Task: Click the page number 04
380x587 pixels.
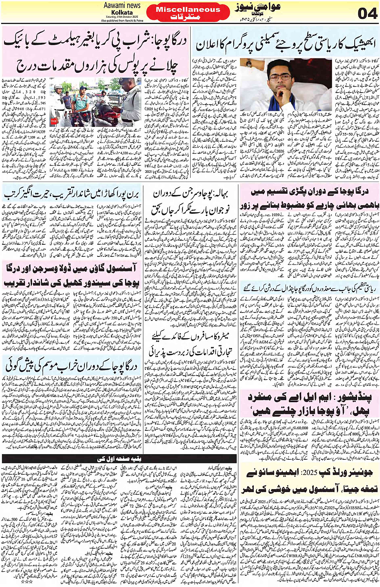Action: tap(368, 13)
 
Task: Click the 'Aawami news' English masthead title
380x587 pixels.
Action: tap(122, 5)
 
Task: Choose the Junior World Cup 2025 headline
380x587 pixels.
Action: tap(310, 479)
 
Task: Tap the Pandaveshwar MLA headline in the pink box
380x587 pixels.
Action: tap(310, 404)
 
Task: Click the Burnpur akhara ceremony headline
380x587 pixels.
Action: tap(71, 194)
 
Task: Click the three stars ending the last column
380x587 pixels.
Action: tap(28, 581)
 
